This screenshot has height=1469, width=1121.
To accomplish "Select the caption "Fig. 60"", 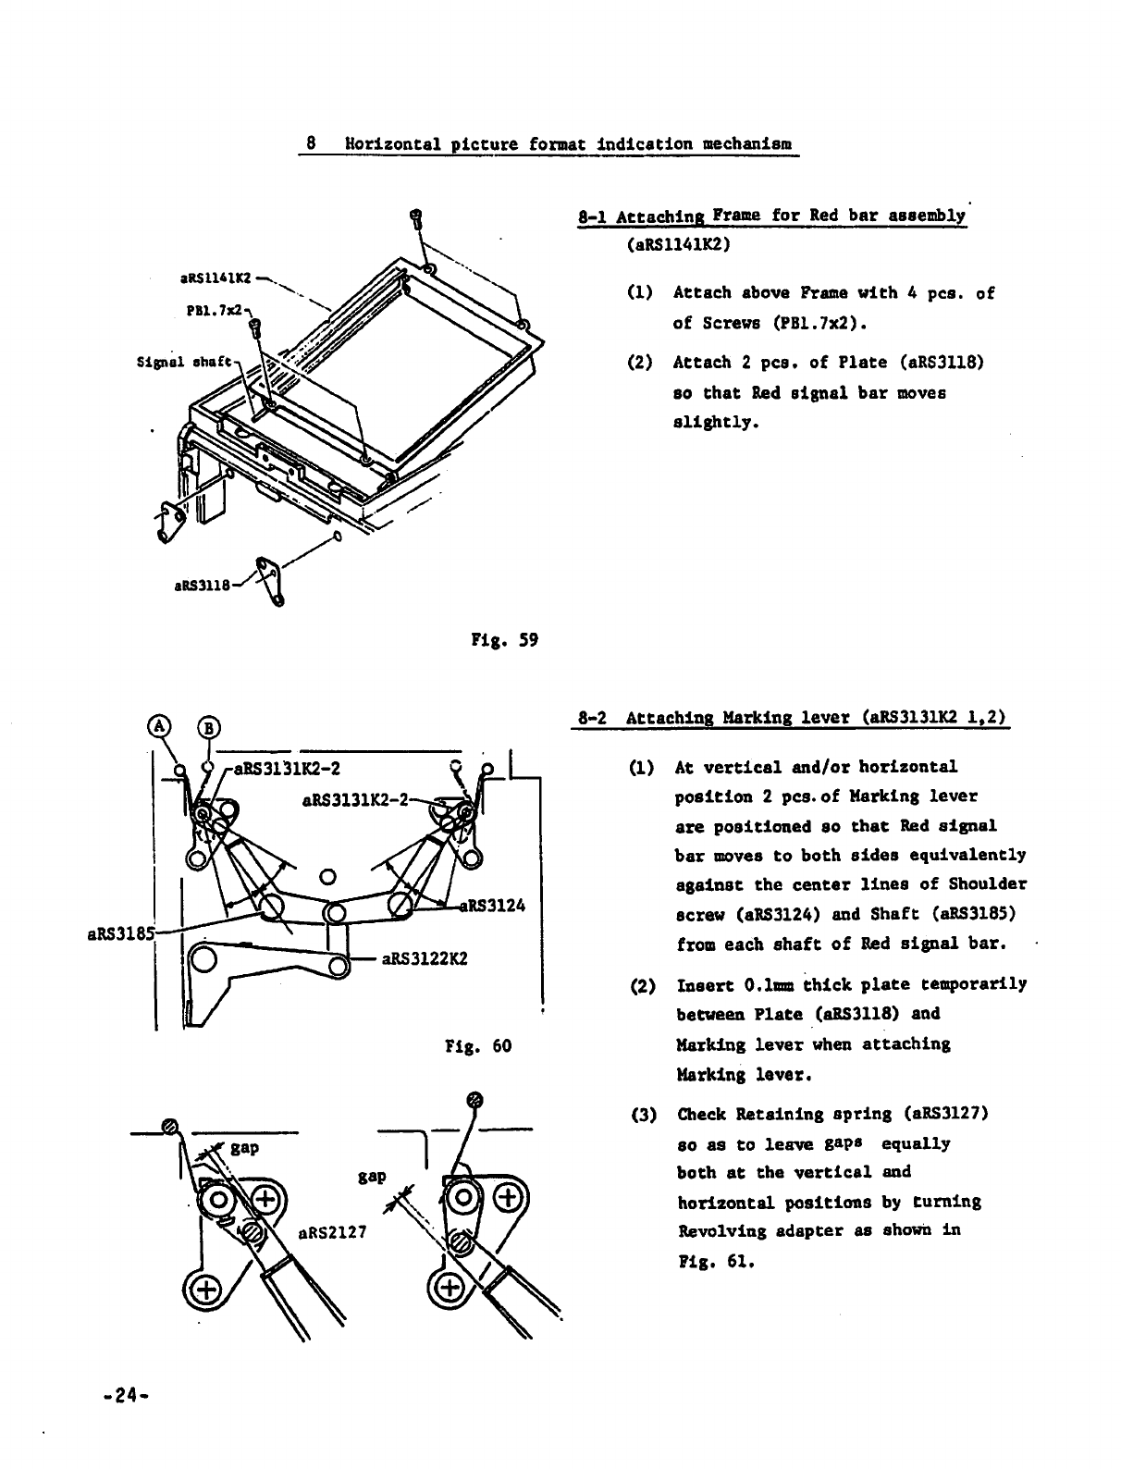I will click(477, 1046).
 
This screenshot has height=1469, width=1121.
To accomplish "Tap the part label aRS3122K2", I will click(425, 957).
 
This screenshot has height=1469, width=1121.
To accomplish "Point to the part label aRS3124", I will click(491, 906).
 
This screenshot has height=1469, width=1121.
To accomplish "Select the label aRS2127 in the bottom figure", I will click(332, 1232).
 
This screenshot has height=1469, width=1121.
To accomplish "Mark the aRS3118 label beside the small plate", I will click(203, 585).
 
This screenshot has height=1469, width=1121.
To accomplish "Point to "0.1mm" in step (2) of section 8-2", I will click(753, 984).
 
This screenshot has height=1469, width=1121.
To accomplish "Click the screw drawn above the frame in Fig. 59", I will click(416, 218).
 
